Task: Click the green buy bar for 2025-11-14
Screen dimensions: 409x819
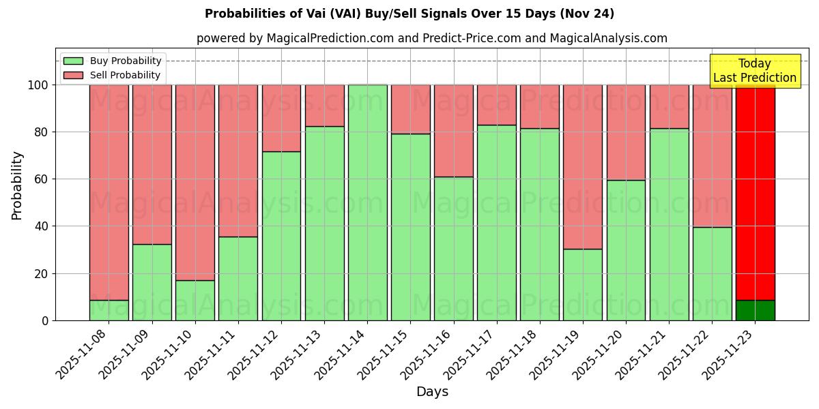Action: (367, 202)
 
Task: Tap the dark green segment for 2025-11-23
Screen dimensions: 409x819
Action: (755, 310)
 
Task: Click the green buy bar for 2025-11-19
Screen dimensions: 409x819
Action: (583, 284)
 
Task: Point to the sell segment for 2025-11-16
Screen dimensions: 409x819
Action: (453, 131)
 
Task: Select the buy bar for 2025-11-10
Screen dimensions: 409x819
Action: (195, 300)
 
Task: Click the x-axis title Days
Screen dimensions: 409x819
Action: (432, 392)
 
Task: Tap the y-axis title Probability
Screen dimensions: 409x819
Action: (17, 185)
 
